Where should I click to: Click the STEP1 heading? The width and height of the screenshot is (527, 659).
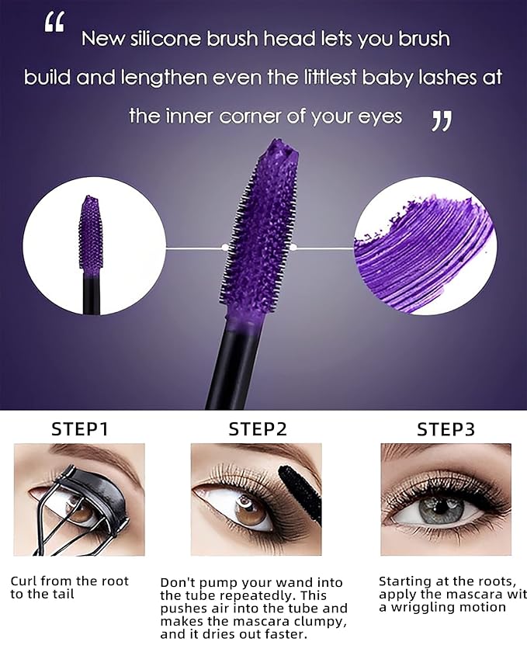tap(79, 429)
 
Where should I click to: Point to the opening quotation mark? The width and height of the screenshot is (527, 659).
tap(54, 23)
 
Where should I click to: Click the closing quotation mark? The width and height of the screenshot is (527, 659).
tap(441, 120)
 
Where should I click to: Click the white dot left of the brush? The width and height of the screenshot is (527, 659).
tap(225, 248)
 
